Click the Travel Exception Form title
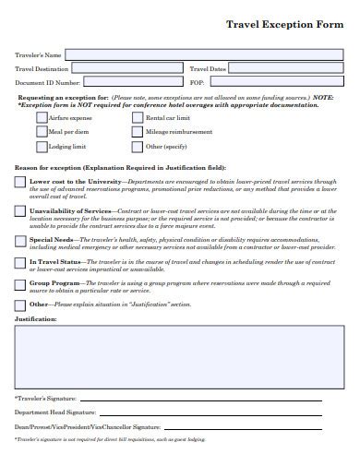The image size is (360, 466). click(x=286, y=27)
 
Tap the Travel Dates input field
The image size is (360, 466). click(x=291, y=68)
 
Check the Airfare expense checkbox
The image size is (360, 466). click(x=41, y=119)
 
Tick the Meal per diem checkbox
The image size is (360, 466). click(x=41, y=133)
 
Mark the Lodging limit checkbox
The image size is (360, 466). click(x=41, y=147)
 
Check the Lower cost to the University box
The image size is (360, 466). click(x=20, y=183)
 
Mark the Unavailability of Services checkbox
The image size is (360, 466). click(x=20, y=211)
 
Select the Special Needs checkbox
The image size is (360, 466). click(x=20, y=240)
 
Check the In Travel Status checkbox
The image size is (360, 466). click(x=20, y=262)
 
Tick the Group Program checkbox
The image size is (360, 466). click(x=20, y=284)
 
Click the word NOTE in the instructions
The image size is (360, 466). click(x=323, y=97)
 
